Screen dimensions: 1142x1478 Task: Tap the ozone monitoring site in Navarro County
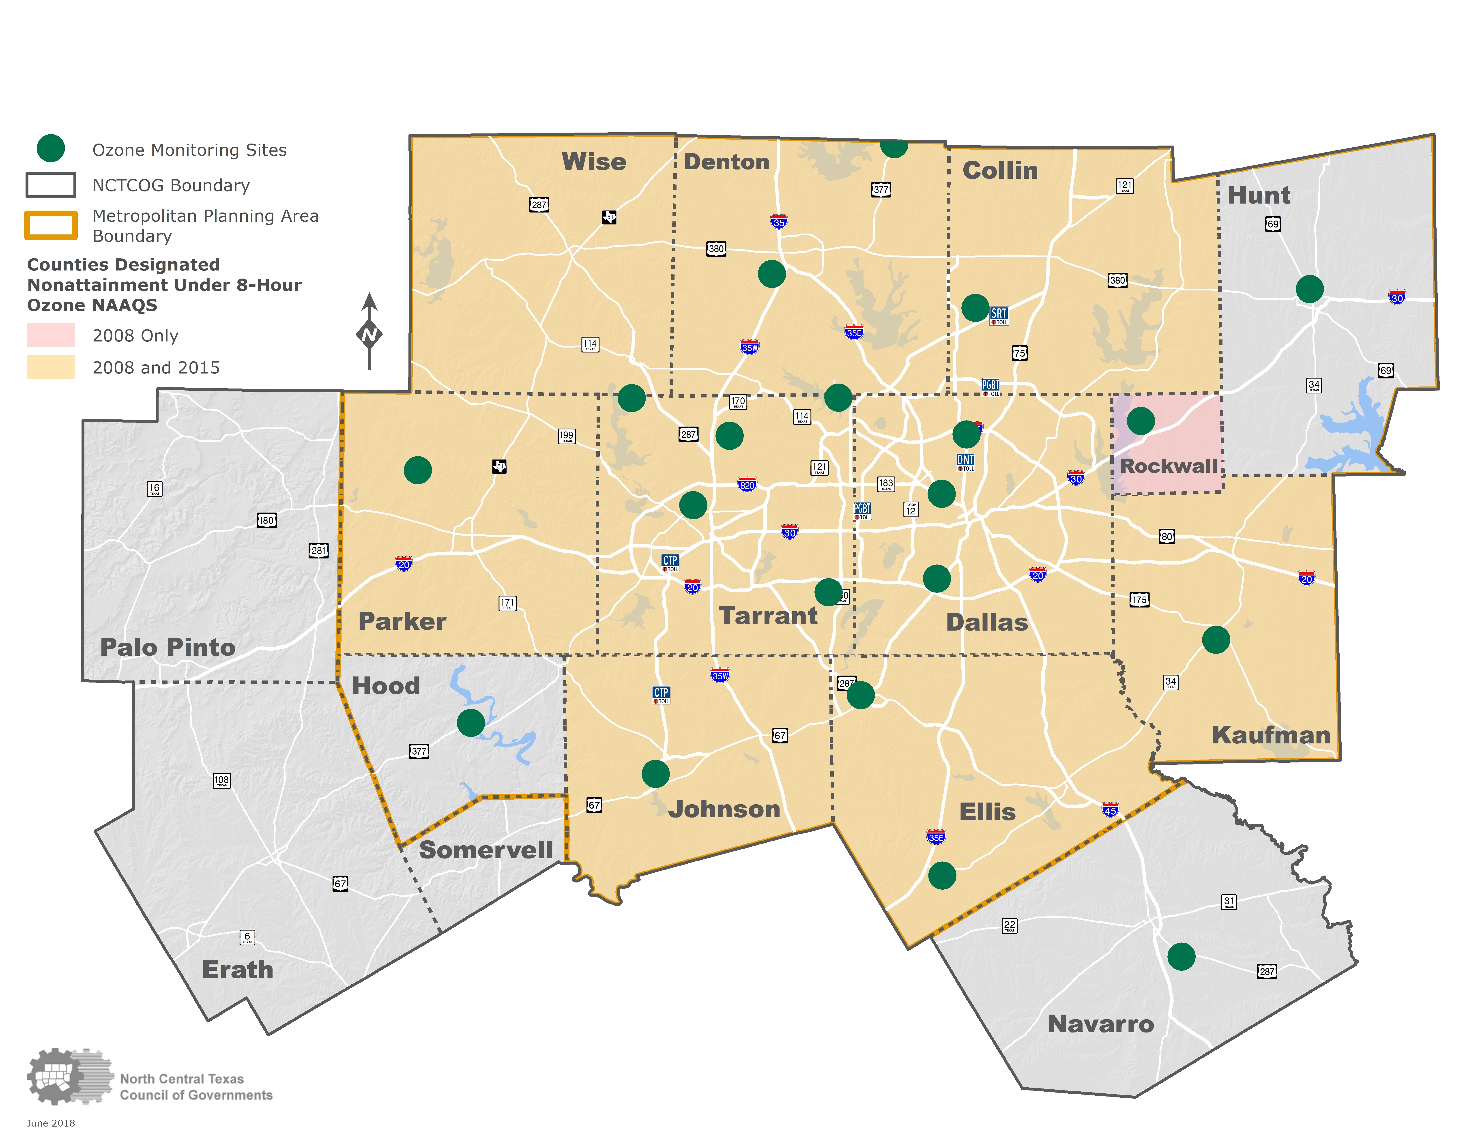tap(1181, 957)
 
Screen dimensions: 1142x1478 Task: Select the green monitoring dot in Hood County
tap(470, 723)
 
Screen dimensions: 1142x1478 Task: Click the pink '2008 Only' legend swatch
tap(51, 335)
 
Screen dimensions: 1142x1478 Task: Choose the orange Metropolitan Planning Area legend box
tap(51, 225)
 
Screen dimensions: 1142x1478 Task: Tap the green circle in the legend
tap(51, 148)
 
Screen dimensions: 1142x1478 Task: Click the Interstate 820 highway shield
tap(746, 484)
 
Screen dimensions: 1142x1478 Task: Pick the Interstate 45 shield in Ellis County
tap(1110, 810)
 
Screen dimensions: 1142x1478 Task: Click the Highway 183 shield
tap(886, 484)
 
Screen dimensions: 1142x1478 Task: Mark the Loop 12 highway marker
tap(911, 509)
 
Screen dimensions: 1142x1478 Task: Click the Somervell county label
tap(486, 850)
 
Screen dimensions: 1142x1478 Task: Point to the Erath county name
tap(238, 970)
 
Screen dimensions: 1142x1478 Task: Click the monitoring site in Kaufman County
tap(1215, 639)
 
